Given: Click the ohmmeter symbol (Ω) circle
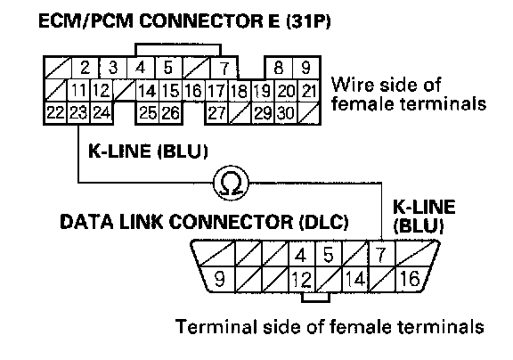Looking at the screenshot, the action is [x=231, y=183].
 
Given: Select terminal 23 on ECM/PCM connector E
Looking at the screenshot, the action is [x=78, y=113].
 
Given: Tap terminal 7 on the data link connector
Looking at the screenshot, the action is [x=381, y=254].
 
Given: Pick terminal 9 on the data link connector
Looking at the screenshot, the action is [x=218, y=279].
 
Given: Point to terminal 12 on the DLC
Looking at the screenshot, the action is [x=302, y=279].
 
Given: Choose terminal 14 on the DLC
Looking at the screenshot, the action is [x=355, y=279].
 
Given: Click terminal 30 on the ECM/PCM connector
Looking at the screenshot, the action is [x=286, y=113].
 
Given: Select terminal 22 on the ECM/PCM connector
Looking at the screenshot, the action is [x=56, y=113].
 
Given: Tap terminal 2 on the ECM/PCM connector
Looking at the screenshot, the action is [x=85, y=68].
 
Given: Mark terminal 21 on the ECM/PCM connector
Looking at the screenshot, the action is [x=308, y=90].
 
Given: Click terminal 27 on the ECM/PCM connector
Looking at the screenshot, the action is [x=216, y=113].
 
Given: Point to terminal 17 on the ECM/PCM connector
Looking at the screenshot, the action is [x=216, y=90].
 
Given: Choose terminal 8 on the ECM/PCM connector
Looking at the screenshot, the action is [x=279, y=68].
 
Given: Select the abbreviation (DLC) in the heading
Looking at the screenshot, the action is [x=324, y=222].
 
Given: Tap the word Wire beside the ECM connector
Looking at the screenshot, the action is [x=352, y=85].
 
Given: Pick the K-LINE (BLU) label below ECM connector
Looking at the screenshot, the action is [x=148, y=151].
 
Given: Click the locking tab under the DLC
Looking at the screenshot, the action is [x=315, y=297].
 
